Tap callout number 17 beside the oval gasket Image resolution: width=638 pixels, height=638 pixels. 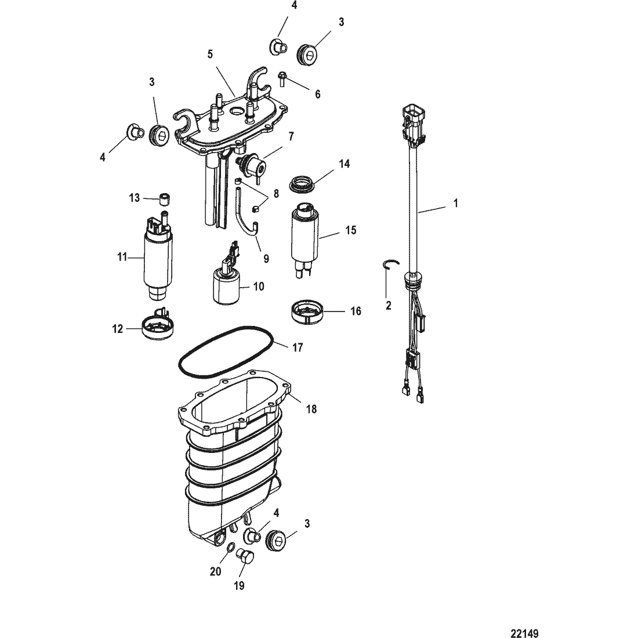(298, 348)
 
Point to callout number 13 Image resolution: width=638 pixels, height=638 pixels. (134, 198)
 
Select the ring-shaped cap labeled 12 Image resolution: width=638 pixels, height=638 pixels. (158, 328)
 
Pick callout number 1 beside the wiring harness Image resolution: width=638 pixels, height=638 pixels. (455, 204)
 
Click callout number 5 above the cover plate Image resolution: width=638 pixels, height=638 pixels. (210, 54)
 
